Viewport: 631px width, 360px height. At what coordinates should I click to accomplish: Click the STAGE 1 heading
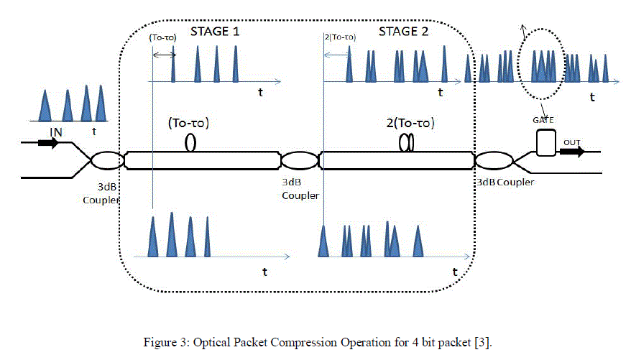[214, 32]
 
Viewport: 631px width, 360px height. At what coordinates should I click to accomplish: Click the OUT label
[571, 142]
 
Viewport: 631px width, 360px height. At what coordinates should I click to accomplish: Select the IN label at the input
[56, 132]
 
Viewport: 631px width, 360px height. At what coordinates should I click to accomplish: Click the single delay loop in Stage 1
[191, 143]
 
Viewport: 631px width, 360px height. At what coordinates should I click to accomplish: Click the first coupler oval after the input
[105, 160]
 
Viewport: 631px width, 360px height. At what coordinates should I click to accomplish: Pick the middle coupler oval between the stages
[297, 160]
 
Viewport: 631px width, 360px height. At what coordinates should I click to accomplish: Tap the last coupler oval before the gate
[491, 160]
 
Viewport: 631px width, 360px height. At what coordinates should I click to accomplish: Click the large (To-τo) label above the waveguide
[188, 122]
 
